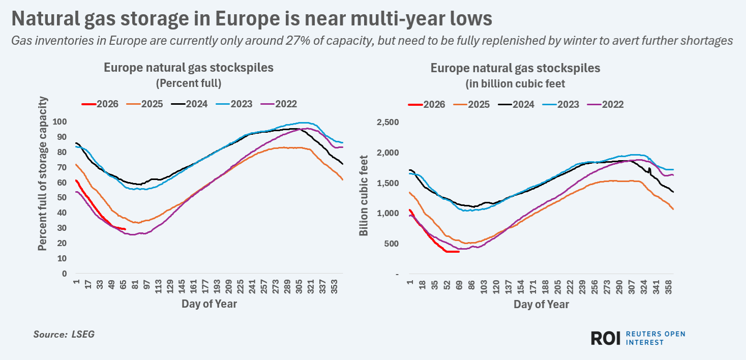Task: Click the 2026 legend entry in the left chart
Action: (100, 104)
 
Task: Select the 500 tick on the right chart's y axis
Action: (391, 244)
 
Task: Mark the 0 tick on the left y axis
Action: (64, 274)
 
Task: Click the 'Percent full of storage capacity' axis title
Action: (43, 173)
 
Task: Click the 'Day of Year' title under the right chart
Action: (541, 305)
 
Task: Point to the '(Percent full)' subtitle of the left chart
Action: (189, 83)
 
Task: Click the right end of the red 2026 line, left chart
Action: (125, 229)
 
